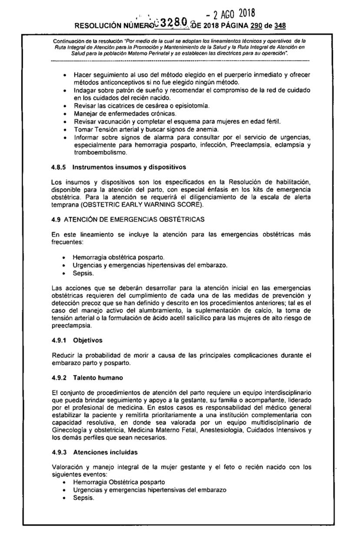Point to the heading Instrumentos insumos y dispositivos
(x=123, y=167)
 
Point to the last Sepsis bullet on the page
(x=83, y=498)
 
